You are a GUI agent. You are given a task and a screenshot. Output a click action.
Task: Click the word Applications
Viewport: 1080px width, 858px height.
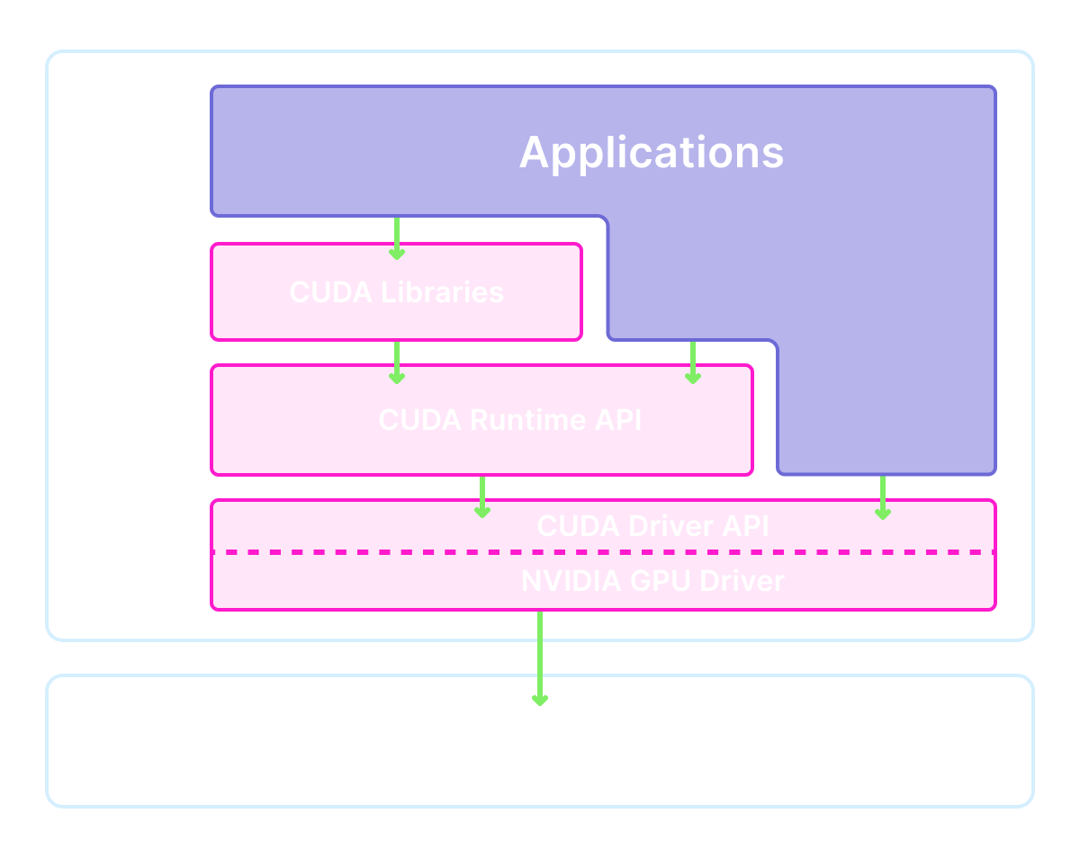click(x=652, y=152)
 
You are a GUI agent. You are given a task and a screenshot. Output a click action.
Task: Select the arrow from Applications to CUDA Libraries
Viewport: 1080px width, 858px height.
click(x=396, y=238)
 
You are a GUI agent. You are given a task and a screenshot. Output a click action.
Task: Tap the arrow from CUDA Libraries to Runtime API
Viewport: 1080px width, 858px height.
click(x=396, y=362)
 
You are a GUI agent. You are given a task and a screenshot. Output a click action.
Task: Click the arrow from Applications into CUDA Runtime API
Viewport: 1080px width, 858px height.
click(x=692, y=362)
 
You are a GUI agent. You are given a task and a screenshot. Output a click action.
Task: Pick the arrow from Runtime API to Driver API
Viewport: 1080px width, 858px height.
click(x=482, y=496)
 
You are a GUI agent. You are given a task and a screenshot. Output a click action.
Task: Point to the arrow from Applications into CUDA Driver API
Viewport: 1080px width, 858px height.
click(x=882, y=497)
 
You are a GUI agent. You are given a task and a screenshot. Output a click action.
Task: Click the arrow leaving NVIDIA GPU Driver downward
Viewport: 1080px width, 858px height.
click(x=539, y=657)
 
